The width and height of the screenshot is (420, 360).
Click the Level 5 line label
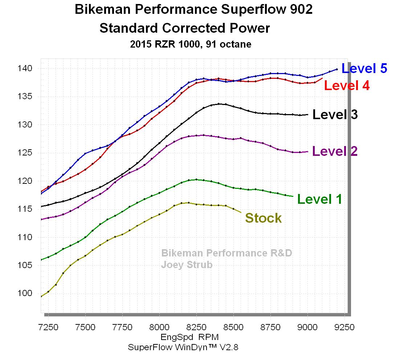pyautogui.click(x=364, y=68)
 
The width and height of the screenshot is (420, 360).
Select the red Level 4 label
pyautogui.click(x=347, y=86)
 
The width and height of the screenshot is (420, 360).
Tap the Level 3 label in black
pyautogui.click(x=335, y=114)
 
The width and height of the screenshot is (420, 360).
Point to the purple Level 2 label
pyautogui.click(x=335, y=151)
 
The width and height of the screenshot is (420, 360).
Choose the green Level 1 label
pyautogui.click(x=319, y=199)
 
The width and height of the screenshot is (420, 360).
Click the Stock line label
pyautogui.click(x=263, y=218)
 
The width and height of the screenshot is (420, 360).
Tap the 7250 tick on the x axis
pyautogui.click(x=48, y=327)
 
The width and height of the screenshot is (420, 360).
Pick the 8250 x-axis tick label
pyautogui.click(x=196, y=327)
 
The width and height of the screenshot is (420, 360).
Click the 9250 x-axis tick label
pyautogui.click(x=344, y=327)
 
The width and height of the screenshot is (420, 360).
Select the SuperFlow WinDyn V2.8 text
pyautogui.click(x=183, y=347)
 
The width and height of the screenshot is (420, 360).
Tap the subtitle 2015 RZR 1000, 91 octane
pyautogui.click(x=191, y=44)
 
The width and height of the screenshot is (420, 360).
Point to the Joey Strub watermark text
pyautogui.click(x=187, y=265)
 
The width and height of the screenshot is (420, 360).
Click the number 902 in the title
pyautogui.click(x=300, y=10)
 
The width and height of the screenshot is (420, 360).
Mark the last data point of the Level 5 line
pyautogui.click(x=337, y=69)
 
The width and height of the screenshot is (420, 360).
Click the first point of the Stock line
pyautogui.click(x=41, y=296)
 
